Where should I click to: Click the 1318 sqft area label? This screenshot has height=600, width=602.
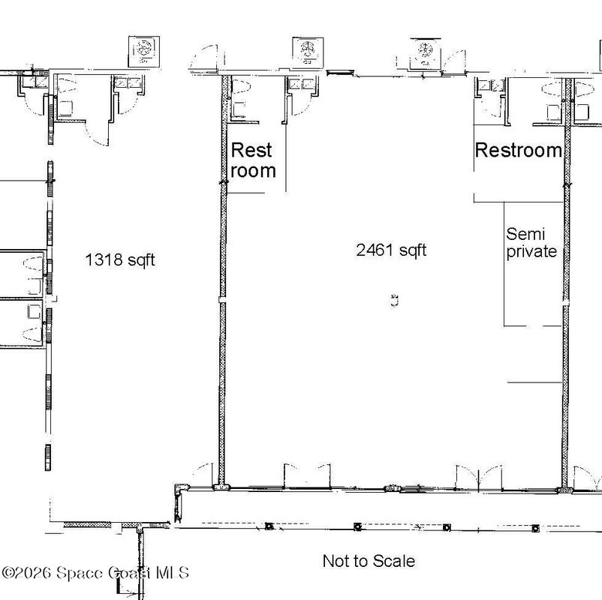120,259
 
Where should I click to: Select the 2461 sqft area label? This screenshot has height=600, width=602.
391,250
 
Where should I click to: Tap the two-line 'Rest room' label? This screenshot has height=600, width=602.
253,160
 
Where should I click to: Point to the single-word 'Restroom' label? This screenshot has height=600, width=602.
519,150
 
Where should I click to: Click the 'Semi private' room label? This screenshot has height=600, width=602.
531,243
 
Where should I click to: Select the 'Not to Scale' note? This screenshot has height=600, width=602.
369,561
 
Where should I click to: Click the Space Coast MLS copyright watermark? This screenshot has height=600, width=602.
95,573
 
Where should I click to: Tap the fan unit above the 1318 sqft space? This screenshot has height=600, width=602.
144,52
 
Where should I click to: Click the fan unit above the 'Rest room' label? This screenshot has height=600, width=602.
308,51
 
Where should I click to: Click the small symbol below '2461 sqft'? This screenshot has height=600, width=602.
394,301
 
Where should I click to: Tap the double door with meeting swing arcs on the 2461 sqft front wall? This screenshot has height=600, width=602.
479,478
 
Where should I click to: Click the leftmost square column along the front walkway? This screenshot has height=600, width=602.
269,526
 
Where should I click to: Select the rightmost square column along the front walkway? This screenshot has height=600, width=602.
535,529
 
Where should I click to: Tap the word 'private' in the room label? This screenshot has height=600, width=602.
531,252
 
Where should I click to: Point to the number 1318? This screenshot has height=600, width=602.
104,259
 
